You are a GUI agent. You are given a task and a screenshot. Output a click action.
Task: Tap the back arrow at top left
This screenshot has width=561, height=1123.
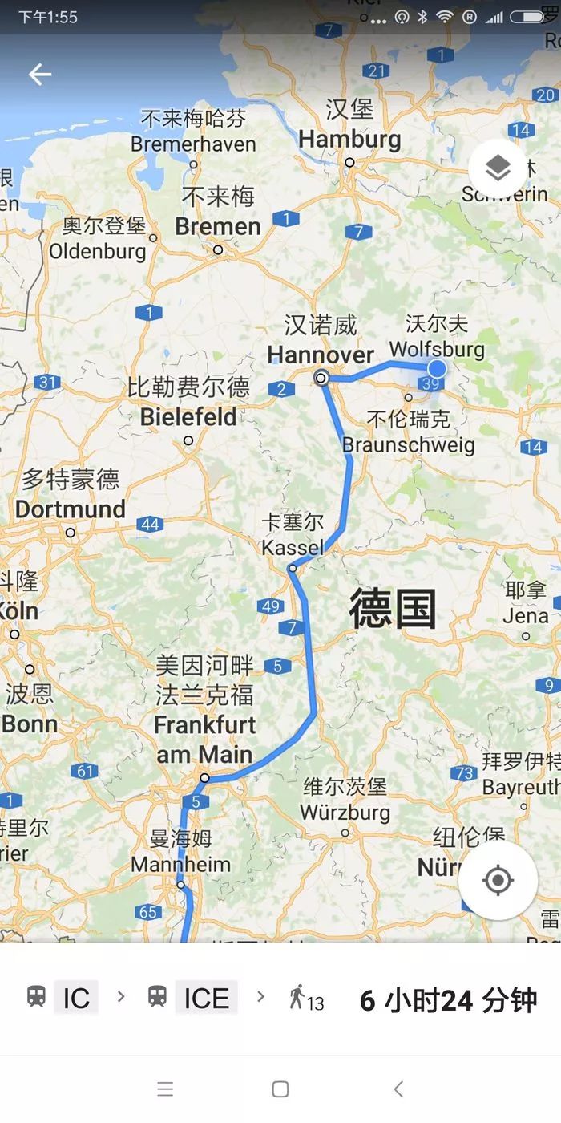click(x=39, y=75)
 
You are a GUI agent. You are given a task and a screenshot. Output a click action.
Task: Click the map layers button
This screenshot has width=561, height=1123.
click(x=498, y=168)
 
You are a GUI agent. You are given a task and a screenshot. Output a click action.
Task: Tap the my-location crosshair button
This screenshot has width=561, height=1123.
click(x=498, y=880)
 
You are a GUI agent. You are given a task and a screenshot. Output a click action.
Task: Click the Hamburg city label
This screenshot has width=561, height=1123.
click(x=349, y=139)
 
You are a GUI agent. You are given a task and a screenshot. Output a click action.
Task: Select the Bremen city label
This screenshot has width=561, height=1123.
click(x=218, y=226)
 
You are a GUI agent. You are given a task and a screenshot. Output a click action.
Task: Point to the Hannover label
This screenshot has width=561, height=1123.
click(x=321, y=355)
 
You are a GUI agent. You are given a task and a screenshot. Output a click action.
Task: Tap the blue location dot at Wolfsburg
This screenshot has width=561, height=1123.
click(x=437, y=368)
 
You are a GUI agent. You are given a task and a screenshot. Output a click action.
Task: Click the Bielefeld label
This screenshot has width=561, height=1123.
click(x=188, y=417)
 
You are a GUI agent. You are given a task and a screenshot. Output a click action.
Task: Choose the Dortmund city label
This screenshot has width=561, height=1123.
click(x=71, y=509)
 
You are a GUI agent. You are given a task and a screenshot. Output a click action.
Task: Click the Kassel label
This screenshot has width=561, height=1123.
click(x=293, y=548)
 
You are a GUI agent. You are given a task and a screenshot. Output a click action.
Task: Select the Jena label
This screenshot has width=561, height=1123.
click(x=526, y=616)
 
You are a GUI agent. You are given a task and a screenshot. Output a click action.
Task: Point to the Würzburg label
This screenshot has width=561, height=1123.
click(x=345, y=812)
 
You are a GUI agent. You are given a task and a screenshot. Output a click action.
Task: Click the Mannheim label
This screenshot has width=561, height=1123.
click(x=180, y=865)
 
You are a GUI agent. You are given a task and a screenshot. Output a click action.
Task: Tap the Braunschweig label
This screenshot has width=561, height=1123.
click(x=409, y=444)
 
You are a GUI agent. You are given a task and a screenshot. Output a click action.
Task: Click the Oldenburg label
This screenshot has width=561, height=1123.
click(x=98, y=251)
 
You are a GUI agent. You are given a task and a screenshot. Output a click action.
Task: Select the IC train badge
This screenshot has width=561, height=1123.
click(x=76, y=999)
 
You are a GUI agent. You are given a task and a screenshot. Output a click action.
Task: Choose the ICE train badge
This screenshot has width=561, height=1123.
click(x=206, y=999)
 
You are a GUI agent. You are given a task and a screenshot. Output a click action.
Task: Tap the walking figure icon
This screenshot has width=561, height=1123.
click(x=297, y=998)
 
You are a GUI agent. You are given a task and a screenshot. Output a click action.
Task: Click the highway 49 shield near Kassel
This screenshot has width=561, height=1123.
click(x=270, y=606)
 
